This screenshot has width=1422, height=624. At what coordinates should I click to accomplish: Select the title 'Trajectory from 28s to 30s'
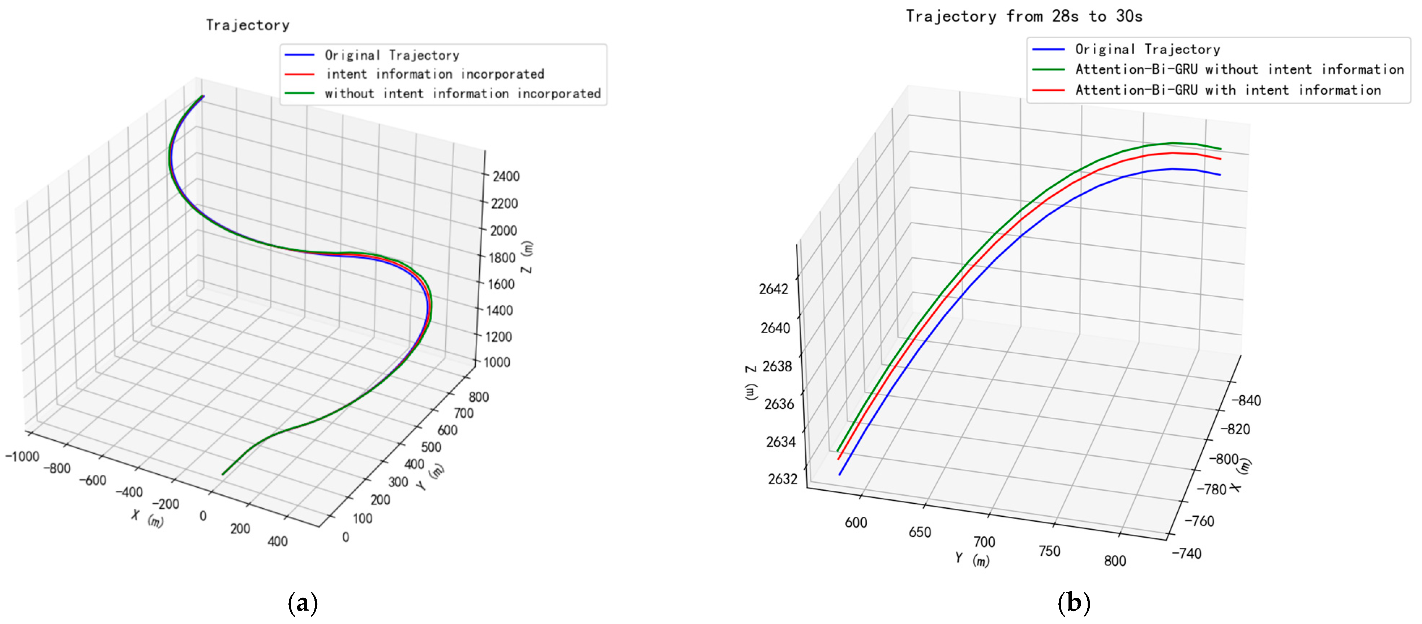tap(1024, 17)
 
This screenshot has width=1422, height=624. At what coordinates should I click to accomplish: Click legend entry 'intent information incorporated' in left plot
tap(434, 74)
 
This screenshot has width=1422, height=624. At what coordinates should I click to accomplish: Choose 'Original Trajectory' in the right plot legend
tap(1147, 50)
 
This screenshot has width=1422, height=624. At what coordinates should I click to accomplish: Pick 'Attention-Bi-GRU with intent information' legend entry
tap(1228, 90)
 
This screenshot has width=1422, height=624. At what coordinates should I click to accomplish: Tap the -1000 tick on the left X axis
tap(22, 456)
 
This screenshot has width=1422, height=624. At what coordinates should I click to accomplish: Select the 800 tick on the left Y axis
tap(478, 397)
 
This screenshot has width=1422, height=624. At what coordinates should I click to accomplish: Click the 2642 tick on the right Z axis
tap(774, 289)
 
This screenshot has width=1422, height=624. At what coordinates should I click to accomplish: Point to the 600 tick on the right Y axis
tap(856, 522)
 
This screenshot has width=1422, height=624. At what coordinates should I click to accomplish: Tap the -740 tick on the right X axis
tap(1187, 553)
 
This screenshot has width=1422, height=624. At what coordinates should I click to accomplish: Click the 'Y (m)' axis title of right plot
tap(973, 559)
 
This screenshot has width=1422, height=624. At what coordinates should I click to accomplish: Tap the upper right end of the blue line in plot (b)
tap(1220, 175)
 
